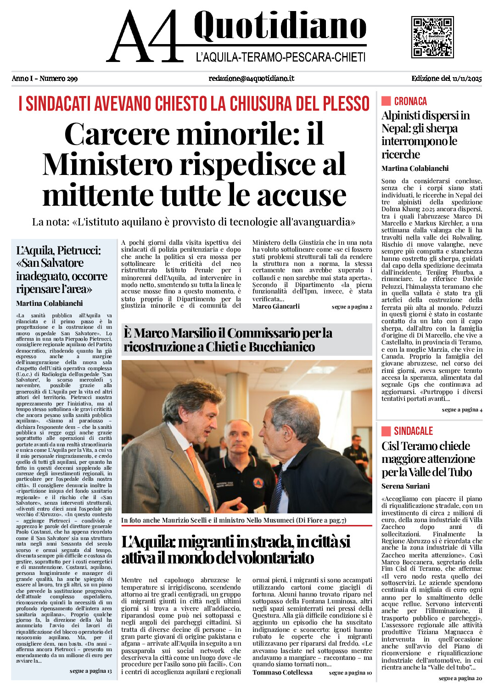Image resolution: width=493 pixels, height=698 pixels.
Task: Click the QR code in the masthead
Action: [x=432, y=37]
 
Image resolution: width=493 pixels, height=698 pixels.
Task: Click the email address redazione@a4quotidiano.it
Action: [x=251, y=79]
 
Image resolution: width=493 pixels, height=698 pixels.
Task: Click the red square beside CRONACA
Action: [x=386, y=101]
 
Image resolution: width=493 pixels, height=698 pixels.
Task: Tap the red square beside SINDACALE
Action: [x=386, y=431]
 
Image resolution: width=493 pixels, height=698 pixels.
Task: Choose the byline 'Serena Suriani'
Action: [x=405, y=486]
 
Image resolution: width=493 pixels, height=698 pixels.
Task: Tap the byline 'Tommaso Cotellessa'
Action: [x=282, y=672]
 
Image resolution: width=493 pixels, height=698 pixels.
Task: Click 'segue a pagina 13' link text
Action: [x=90, y=671]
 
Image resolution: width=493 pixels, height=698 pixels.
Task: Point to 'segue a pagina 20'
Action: [x=460, y=678]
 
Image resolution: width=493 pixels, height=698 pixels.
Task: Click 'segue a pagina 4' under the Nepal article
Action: [x=462, y=410]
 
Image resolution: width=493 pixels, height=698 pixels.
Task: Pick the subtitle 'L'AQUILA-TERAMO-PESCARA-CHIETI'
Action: [x=280, y=57]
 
